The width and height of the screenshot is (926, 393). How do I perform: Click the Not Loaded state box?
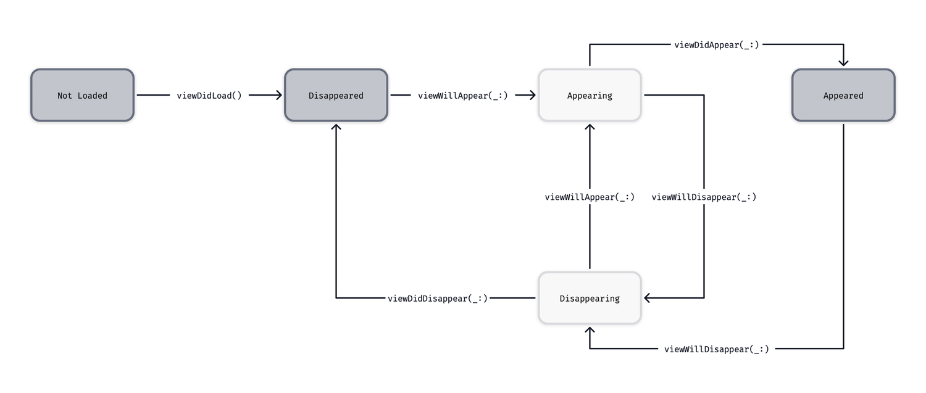[x=82, y=95]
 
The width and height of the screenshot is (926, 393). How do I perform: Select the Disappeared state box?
[x=336, y=95]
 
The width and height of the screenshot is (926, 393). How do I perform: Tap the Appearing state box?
[x=590, y=95]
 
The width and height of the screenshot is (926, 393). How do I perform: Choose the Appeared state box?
[x=843, y=95]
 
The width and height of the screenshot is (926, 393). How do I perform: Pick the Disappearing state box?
[x=590, y=298]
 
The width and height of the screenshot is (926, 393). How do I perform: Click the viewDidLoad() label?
[x=209, y=95]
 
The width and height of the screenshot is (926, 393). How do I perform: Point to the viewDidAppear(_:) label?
[x=716, y=44]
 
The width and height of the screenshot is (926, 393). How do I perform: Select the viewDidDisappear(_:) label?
[x=438, y=298]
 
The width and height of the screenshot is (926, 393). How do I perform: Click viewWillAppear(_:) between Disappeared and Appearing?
[x=463, y=95]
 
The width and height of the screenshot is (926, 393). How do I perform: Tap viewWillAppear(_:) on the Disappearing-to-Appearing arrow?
[x=590, y=197]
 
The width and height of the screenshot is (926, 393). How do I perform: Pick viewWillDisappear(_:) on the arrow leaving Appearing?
[x=704, y=197]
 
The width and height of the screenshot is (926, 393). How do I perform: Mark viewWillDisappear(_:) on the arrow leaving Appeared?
[x=717, y=349]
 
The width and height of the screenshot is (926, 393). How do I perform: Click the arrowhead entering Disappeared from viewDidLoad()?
[x=278, y=95]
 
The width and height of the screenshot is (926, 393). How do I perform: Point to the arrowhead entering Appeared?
[x=843, y=62]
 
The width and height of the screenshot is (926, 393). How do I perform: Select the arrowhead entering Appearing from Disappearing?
[x=590, y=127]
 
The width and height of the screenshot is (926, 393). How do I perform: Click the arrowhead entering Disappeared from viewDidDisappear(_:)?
[x=336, y=127]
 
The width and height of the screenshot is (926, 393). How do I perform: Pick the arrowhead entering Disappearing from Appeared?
[x=590, y=331]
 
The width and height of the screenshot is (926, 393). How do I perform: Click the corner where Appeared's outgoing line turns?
[x=843, y=349]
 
